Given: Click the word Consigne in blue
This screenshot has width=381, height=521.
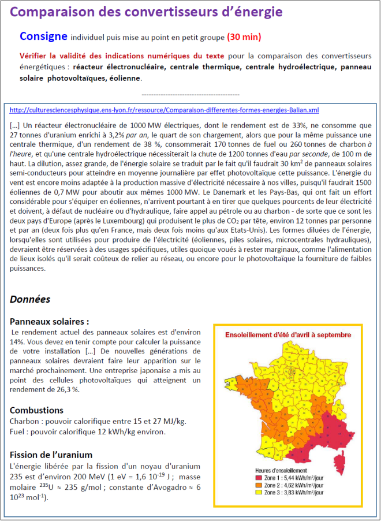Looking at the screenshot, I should [x=43, y=36].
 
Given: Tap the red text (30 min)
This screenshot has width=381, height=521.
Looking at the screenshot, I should [x=244, y=37].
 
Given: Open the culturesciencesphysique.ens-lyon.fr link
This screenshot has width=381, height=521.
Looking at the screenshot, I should [x=165, y=110].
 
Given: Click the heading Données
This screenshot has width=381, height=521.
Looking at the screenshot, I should [x=30, y=299].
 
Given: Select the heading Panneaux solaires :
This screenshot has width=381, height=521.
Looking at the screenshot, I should [x=50, y=322].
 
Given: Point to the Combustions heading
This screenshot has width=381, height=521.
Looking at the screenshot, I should [x=39, y=410].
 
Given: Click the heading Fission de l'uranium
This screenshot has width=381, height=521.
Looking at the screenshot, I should [x=51, y=455].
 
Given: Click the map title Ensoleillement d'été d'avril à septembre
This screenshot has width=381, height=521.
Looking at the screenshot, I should [x=287, y=334].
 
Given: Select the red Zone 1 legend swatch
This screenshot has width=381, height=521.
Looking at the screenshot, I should [x=259, y=478].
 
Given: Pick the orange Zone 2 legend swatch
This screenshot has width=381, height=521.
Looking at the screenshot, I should [x=259, y=485].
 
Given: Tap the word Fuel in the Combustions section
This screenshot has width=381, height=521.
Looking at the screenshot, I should [x=18, y=432].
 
